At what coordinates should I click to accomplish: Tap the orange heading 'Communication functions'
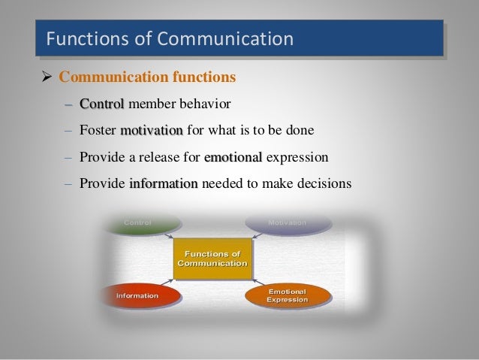click(x=147, y=77)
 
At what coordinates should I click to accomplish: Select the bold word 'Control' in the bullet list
click(x=102, y=103)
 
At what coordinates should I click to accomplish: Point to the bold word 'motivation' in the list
click(x=151, y=130)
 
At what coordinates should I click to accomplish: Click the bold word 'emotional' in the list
click(x=233, y=157)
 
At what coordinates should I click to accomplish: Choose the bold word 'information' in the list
click(x=164, y=183)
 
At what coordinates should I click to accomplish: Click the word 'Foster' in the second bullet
click(x=98, y=130)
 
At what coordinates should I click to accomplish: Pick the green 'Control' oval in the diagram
click(x=143, y=223)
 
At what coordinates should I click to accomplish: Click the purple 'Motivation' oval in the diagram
click(x=288, y=223)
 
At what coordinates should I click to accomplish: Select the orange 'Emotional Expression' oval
click(x=288, y=295)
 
